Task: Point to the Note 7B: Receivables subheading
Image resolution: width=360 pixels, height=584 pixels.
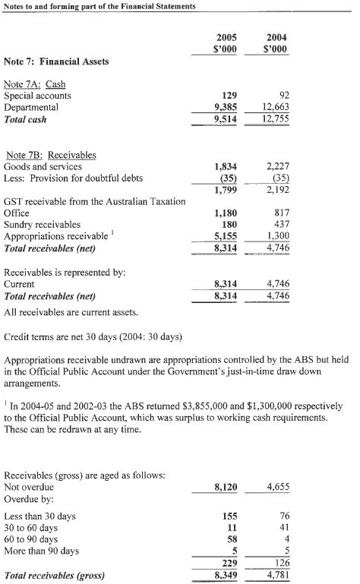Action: coord(50,154)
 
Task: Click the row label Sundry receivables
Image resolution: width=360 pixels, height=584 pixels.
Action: coord(43,225)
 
